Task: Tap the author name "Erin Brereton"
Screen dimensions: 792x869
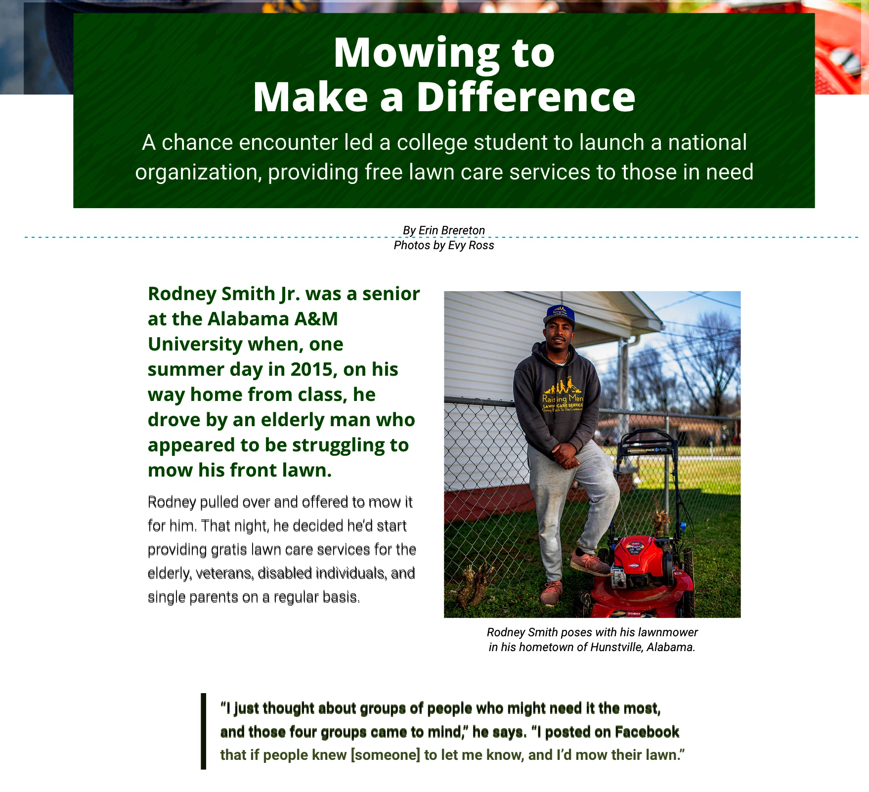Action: (451, 230)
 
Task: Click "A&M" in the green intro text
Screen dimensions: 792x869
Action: (316, 319)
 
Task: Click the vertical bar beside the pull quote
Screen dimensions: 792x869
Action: (203, 731)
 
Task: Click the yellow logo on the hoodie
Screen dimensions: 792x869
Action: (563, 396)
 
